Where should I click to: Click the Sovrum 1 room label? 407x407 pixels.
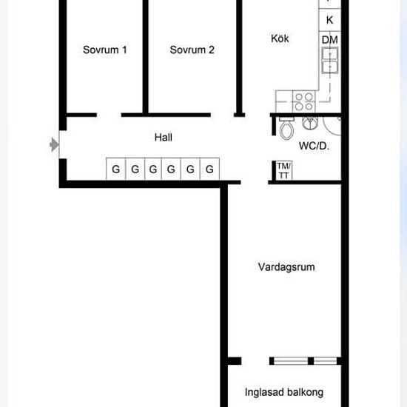[105, 50]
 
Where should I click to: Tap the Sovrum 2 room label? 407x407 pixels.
[192, 50]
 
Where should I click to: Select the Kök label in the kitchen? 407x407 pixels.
[280, 38]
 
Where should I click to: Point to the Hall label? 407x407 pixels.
[164, 137]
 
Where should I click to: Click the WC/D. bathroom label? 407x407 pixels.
[314, 146]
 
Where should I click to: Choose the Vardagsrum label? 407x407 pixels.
[286, 267]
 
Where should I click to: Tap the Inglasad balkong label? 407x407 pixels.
[284, 392]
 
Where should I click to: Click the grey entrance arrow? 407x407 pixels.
[54, 144]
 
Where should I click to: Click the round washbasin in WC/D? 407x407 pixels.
[310, 123]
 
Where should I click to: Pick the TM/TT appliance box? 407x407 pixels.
[284, 170]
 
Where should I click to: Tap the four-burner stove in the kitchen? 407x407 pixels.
[303, 101]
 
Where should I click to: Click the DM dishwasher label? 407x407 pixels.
[329, 40]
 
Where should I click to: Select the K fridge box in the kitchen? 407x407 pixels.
[329, 20]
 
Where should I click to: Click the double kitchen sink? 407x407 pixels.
[330, 60]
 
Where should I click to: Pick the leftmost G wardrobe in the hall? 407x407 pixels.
[115, 169]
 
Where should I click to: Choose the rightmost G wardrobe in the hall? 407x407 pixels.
[209, 169]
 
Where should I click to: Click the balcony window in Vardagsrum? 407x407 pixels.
[306, 361]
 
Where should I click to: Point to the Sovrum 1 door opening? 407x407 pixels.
[109, 115]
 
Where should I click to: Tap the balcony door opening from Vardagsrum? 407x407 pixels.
[255, 361]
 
